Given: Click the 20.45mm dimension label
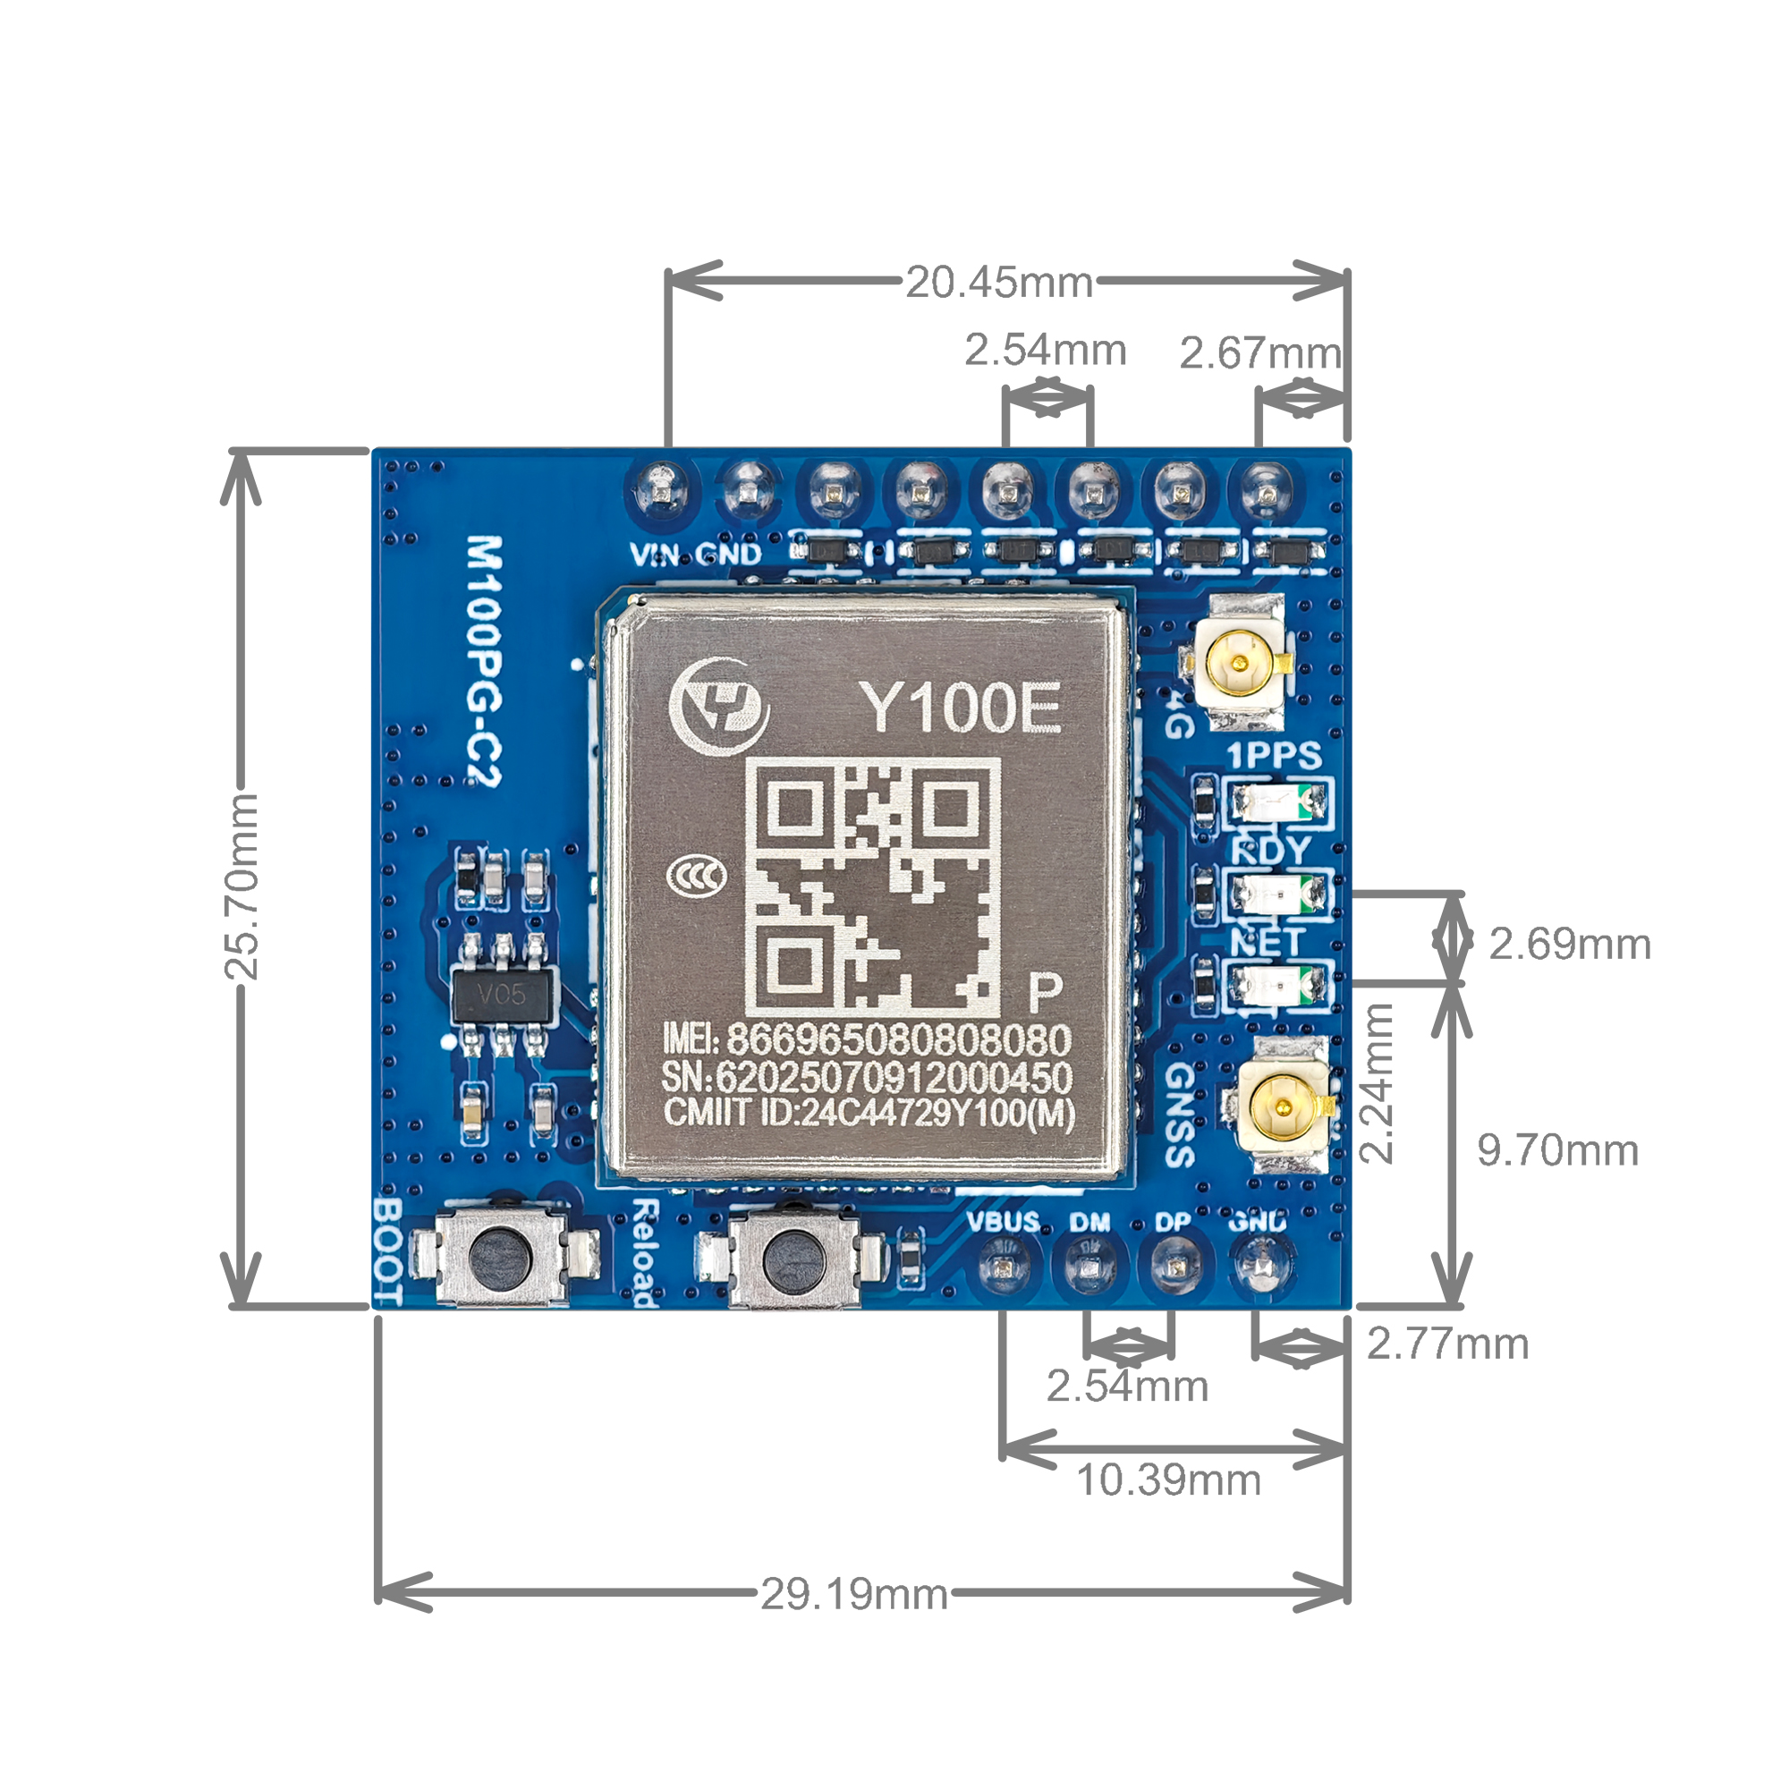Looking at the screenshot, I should [999, 283].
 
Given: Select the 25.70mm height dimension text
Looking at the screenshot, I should [242, 886].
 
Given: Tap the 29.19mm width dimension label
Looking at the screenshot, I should [853, 1595].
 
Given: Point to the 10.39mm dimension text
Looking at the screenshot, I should [1168, 1480].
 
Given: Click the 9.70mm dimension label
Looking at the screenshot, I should [1557, 1150].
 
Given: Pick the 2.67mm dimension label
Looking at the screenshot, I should [1259, 352].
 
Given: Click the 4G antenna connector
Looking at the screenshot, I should [1239, 663].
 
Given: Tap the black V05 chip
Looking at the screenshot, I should [503, 996].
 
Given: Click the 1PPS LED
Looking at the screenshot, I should [1279, 801].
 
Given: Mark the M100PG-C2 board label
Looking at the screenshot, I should [483, 660].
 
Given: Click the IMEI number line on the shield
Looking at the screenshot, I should [867, 1039].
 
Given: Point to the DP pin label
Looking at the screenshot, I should [1173, 1222].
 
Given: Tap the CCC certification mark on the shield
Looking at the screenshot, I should [696, 875].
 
